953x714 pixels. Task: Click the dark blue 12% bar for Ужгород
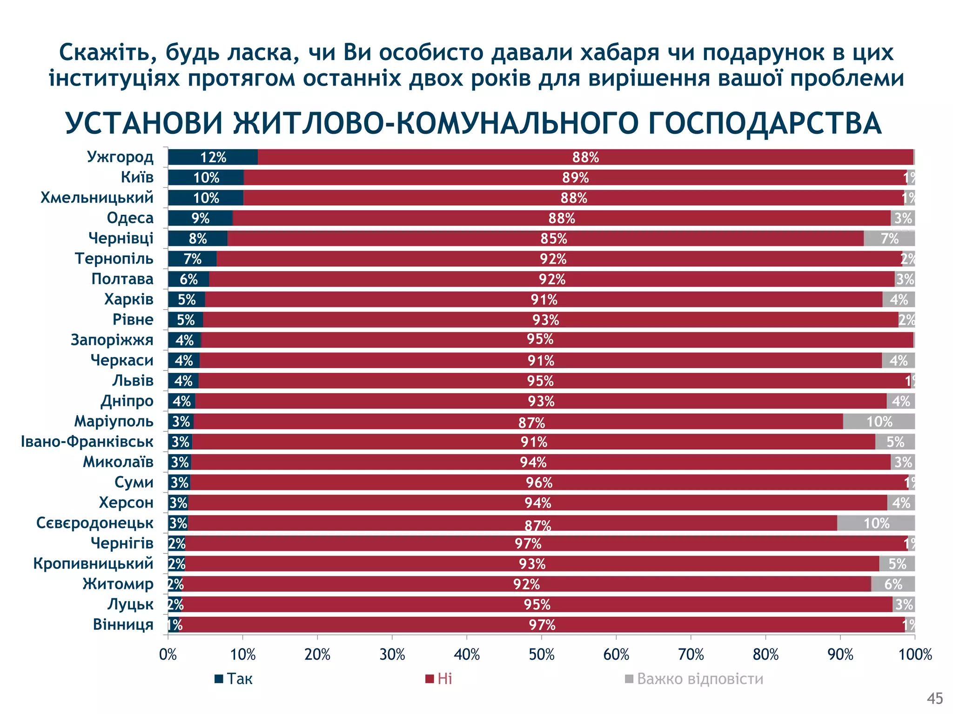[x=213, y=157]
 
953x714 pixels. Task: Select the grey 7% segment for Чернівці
[x=889, y=238]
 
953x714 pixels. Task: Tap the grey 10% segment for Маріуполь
[x=879, y=422]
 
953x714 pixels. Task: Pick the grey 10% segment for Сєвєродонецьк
[x=876, y=523]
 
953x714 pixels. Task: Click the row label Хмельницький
[x=97, y=198]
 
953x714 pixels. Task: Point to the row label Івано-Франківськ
[x=87, y=442]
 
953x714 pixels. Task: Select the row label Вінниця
[x=123, y=624]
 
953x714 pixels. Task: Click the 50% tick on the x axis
[x=542, y=655]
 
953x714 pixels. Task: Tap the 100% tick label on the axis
[x=915, y=655]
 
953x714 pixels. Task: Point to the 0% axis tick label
[x=168, y=655]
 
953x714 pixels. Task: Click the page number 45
[x=934, y=698]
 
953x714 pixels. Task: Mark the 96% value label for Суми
[x=539, y=483]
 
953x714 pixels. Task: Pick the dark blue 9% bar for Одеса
[x=200, y=218]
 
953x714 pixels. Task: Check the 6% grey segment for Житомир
[x=893, y=584]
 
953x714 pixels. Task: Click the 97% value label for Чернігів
[x=528, y=543]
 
